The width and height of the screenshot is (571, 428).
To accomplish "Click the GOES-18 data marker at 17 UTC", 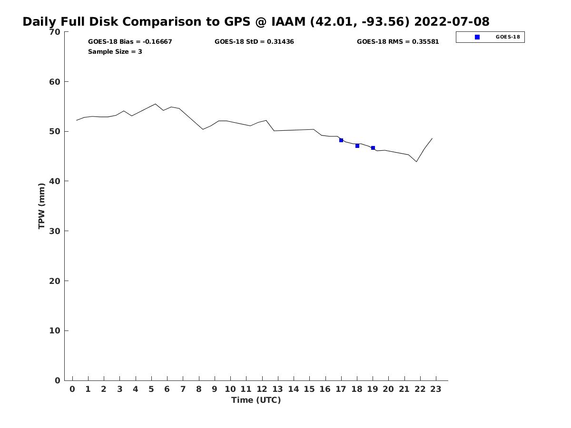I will pos(341,140).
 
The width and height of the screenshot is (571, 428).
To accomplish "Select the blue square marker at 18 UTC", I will pos(357,146).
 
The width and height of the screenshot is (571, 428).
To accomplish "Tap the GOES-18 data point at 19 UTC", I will pos(373,148).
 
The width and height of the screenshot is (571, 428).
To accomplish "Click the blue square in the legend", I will pos(477,37).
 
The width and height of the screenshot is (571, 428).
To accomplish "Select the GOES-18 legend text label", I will pos(508,37).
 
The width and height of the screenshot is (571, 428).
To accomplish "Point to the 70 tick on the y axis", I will pos(55,32).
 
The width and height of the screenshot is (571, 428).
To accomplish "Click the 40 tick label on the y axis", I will pos(55,181).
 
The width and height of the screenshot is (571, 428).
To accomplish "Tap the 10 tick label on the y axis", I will pos(55,331).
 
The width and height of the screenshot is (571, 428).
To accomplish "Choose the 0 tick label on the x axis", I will pos(72,389).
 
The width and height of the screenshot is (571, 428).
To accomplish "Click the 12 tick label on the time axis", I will pos(262,389).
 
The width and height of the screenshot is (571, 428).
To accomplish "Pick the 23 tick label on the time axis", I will pos(436,389).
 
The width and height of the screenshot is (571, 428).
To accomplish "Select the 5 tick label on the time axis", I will pos(151,389).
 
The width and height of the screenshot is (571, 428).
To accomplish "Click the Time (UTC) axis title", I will pos(256,400).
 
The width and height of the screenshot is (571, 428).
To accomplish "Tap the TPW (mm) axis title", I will pos(42,206).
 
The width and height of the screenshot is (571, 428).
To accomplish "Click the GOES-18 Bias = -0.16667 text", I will pos(130,42).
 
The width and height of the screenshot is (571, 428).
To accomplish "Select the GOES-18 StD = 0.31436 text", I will pos(254,42).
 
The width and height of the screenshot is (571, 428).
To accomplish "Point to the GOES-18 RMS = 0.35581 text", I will pos(398,42).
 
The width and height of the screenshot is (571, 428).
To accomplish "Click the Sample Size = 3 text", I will pos(115,51).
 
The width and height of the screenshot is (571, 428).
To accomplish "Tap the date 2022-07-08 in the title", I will pos(452,22).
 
